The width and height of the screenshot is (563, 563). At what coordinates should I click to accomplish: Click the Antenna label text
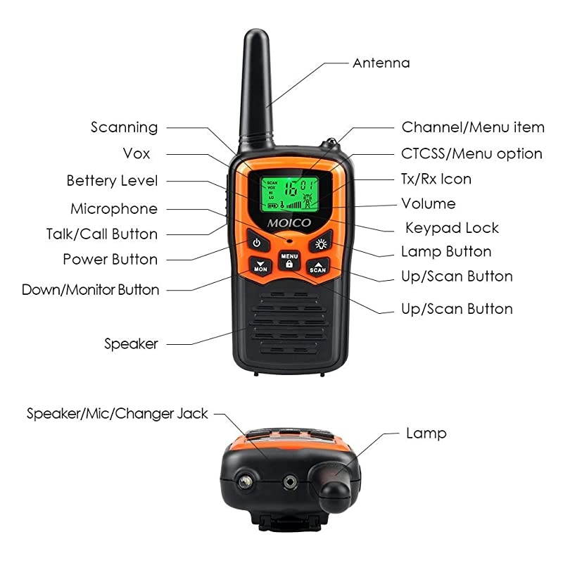click(x=381, y=63)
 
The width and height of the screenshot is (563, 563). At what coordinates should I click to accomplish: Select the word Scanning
click(x=124, y=127)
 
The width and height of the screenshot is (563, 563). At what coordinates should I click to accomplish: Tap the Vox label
click(x=136, y=153)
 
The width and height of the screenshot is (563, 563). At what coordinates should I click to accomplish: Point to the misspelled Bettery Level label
click(x=112, y=181)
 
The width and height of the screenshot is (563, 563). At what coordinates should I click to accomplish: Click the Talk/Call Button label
click(x=101, y=234)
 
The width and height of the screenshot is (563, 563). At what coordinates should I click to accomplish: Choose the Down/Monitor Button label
click(x=90, y=289)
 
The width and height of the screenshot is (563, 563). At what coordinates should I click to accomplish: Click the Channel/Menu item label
click(x=472, y=127)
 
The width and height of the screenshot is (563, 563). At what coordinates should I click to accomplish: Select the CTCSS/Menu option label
click(x=472, y=153)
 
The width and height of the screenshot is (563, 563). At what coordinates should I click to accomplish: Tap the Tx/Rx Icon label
click(x=436, y=179)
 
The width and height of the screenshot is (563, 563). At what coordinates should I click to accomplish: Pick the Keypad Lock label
click(x=452, y=228)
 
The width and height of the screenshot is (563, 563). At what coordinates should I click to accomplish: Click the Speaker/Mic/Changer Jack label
click(x=118, y=413)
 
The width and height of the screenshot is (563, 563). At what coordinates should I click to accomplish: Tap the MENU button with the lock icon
click(x=289, y=259)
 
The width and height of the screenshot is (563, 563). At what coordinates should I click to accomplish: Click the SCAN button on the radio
click(x=318, y=267)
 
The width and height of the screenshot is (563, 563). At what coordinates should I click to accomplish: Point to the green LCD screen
click(x=288, y=194)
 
